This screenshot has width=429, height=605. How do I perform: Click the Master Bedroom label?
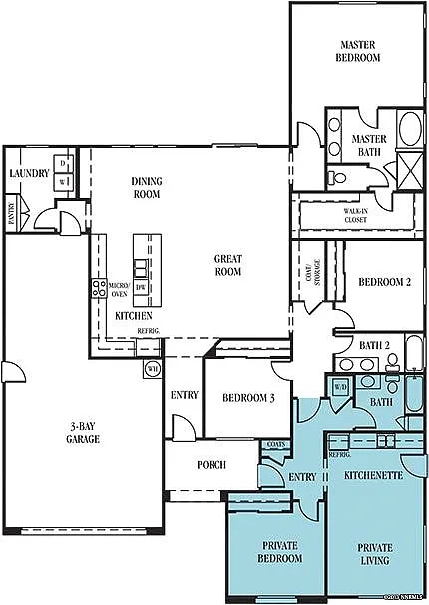359,52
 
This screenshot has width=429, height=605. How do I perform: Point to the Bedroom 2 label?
385,282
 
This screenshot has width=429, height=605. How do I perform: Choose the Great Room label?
228,265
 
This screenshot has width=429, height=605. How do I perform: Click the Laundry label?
29,173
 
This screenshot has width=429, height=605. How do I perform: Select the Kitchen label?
133,315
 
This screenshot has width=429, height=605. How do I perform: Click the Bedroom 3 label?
249,397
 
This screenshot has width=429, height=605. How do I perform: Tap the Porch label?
211,465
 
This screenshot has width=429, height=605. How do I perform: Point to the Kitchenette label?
371,475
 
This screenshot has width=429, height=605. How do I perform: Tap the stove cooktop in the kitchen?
99,289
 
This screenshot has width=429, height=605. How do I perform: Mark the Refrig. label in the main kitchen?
148,330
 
